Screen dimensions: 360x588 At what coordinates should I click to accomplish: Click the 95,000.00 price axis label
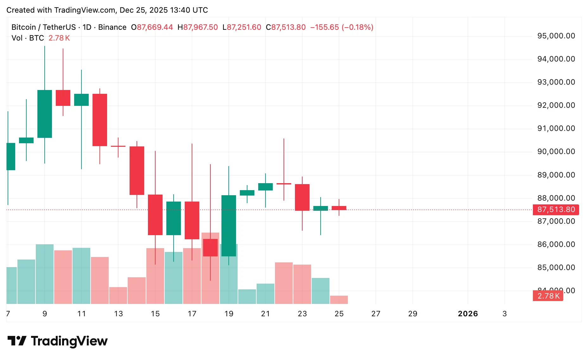tap(556, 36)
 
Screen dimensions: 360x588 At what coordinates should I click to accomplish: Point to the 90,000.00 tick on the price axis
tap(556, 151)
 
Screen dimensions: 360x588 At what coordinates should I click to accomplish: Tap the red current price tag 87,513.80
tap(556, 209)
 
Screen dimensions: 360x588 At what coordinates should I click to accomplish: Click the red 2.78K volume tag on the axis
tap(548, 296)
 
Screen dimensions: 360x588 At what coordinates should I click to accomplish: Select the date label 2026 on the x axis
tap(468, 314)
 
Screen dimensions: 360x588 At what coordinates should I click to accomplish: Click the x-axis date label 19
tap(229, 314)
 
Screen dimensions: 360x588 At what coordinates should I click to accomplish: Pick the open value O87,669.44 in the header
tap(152, 27)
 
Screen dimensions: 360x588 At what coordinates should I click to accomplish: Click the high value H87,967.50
tap(198, 27)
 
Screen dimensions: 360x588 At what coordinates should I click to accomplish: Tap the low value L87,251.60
tap(242, 27)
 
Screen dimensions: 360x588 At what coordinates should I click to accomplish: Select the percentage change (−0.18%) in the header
tap(357, 27)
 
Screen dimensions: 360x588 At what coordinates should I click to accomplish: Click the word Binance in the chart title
tap(112, 27)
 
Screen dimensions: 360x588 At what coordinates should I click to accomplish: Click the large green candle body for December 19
tap(229, 226)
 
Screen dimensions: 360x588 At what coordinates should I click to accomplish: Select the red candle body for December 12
tap(100, 120)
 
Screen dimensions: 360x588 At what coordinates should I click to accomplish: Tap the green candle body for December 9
tap(45, 114)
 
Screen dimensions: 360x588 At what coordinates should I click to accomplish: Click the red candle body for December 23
tap(302, 197)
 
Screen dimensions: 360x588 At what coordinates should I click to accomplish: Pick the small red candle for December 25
tap(339, 208)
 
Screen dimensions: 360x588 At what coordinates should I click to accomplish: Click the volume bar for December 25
tap(339, 300)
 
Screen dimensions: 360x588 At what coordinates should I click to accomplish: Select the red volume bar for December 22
tap(284, 283)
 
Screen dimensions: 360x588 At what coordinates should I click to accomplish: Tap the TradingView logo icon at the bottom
tap(17, 341)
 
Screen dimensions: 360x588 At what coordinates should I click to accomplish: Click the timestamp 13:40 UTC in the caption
tap(189, 10)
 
